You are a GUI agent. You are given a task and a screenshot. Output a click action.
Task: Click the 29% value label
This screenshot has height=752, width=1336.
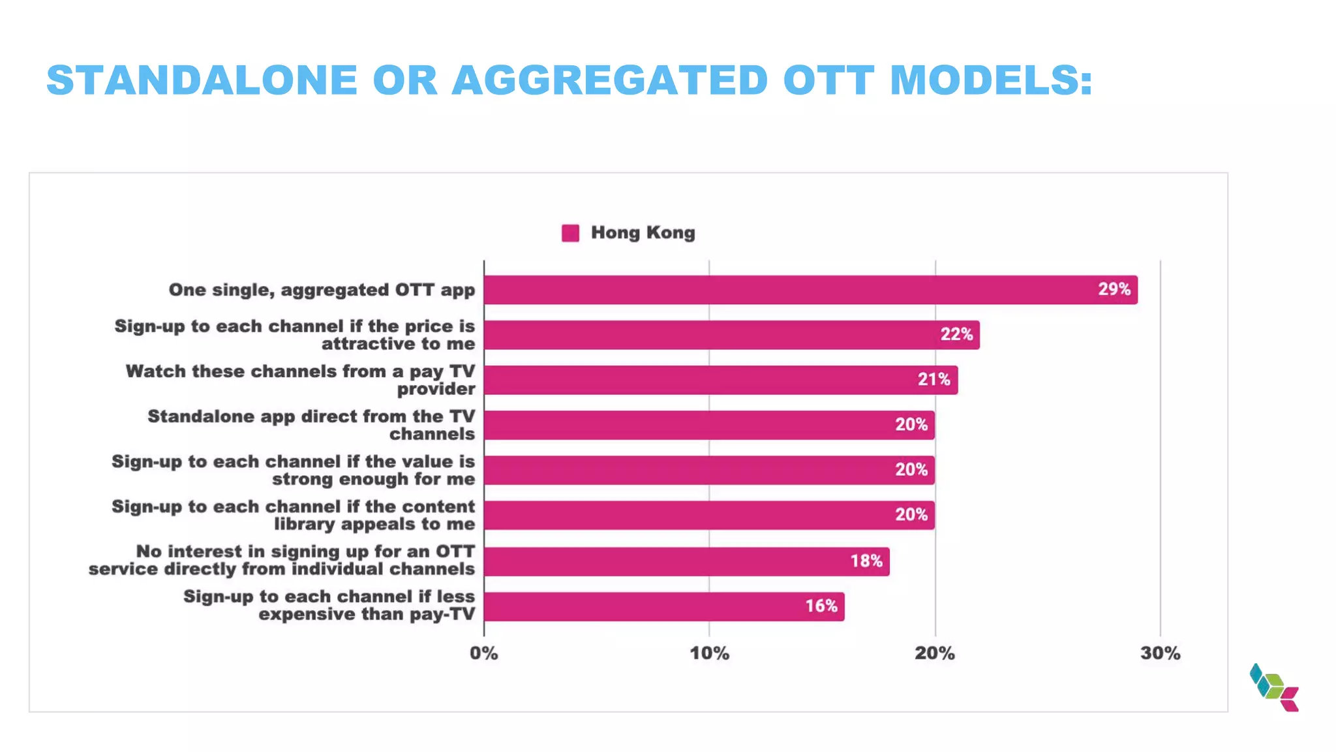tap(1114, 289)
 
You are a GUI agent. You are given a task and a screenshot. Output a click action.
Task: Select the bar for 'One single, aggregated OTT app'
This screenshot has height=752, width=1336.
tap(783, 290)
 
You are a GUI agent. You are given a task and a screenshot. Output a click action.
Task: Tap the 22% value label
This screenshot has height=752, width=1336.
tap(956, 334)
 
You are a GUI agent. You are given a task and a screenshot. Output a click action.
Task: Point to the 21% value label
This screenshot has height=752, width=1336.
tap(934, 379)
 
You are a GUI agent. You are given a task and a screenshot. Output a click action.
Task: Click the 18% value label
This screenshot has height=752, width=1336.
tap(866, 561)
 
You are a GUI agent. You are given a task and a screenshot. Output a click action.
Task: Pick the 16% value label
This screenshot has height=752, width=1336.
tap(821, 606)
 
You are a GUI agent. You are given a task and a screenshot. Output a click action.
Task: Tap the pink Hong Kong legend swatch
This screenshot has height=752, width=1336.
tap(570, 233)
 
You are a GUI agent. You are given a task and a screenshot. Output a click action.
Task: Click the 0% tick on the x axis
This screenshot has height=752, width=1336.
tap(483, 653)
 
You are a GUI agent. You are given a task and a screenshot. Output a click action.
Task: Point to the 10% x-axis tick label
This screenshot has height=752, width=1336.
tap(709, 653)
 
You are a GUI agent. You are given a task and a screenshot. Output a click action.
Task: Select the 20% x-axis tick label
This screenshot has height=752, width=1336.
tap(934, 653)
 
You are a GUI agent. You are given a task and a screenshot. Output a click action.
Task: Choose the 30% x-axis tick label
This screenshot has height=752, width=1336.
tap(1160, 653)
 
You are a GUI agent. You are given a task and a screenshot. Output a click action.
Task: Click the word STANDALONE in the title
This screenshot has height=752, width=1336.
tap(202, 80)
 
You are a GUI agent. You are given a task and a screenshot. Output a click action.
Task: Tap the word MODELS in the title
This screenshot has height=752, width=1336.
tap(990, 80)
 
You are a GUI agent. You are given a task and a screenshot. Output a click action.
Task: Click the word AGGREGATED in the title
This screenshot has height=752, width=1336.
tap(610, 80)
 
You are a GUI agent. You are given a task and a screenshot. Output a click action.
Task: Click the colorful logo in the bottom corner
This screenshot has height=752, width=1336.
tap(1274, 687)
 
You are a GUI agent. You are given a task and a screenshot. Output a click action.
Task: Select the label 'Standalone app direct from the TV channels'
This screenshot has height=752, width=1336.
tap(311, 425)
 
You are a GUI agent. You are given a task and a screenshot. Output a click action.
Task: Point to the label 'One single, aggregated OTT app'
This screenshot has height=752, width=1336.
tap(322, 290)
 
